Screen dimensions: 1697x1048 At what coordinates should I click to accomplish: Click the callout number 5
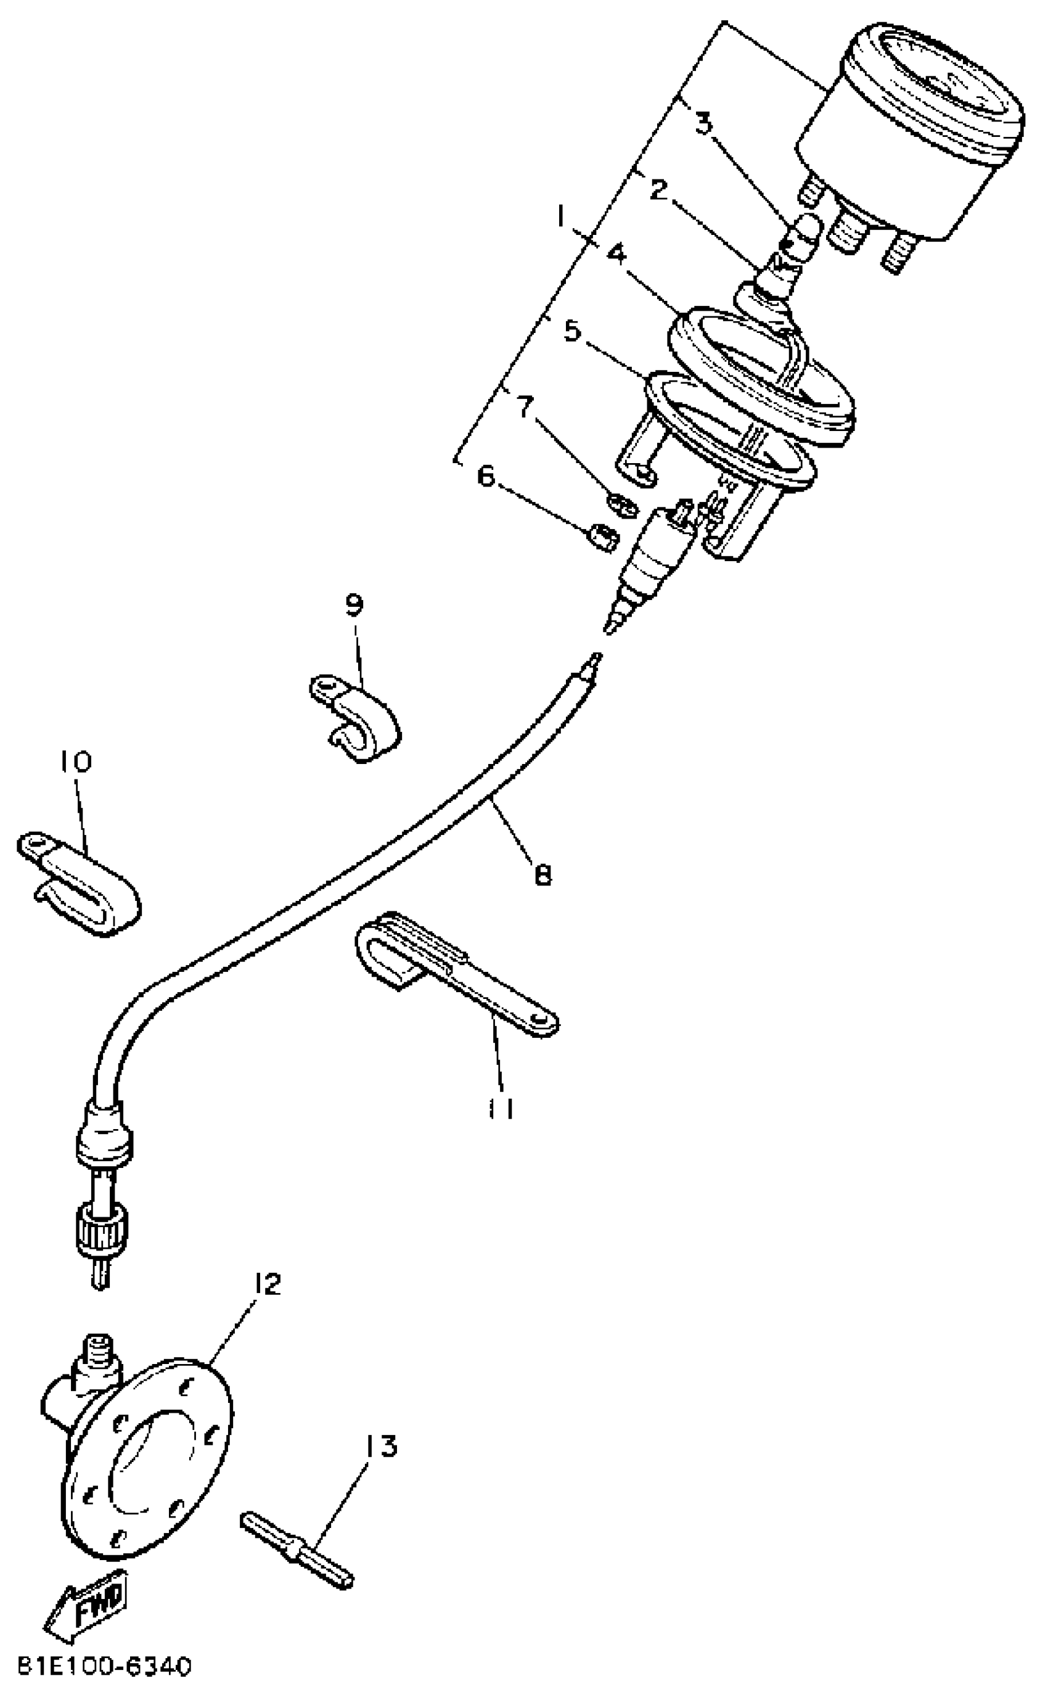click(573, 331)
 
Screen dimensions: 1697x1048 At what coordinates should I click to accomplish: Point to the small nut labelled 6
click(602, 538)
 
